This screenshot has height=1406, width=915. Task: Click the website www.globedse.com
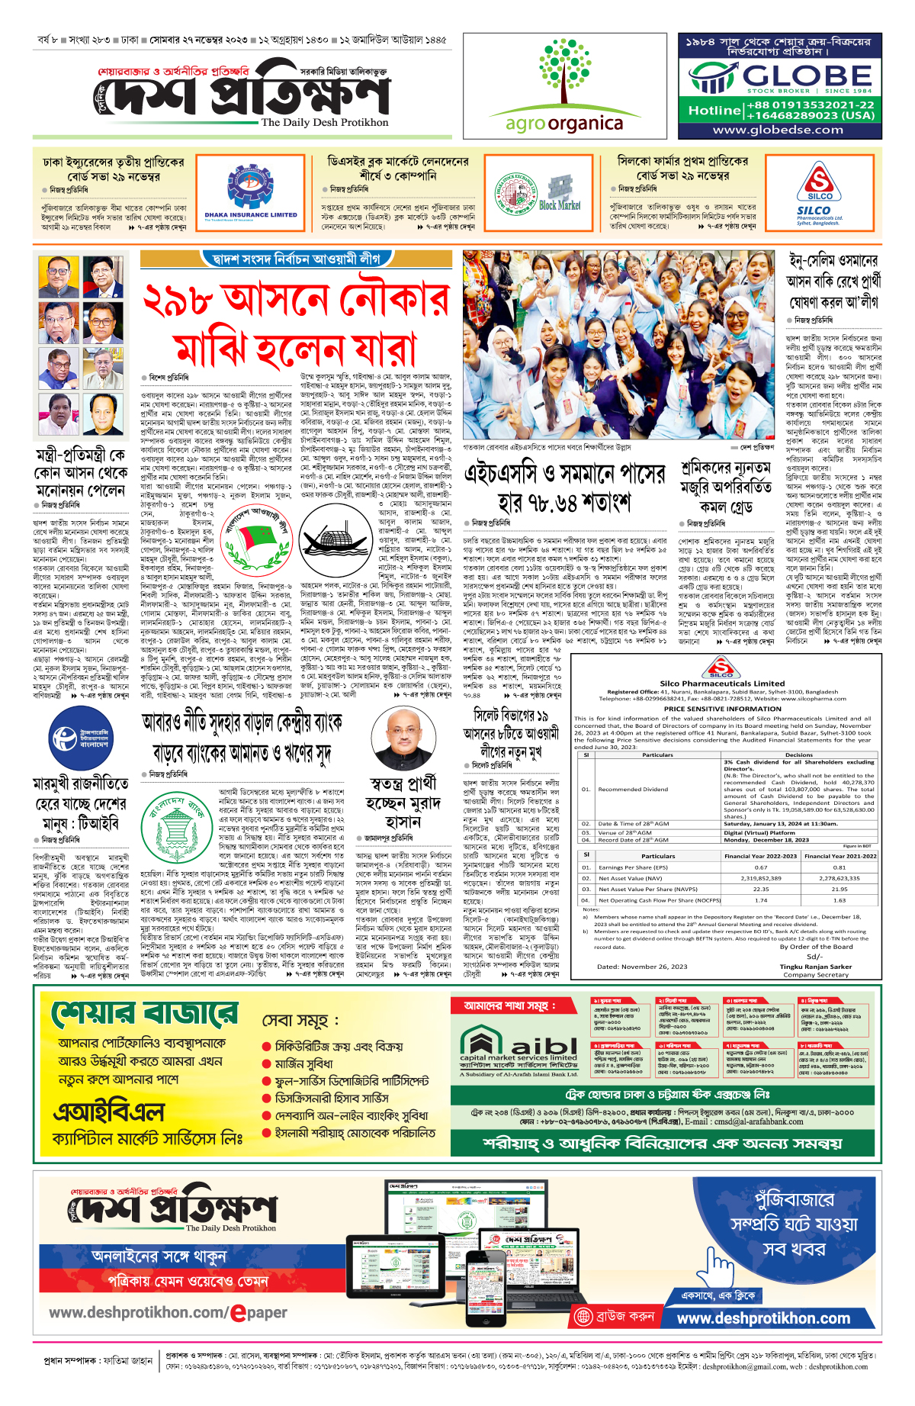[778, 130]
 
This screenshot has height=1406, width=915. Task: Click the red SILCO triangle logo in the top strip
[820, 185]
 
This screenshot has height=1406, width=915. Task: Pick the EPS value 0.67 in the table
[761, 867]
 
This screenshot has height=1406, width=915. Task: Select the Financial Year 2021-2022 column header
[840, 856]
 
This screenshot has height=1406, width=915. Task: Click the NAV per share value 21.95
[840, 889]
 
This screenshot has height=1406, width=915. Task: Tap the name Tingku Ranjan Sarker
[815, 967]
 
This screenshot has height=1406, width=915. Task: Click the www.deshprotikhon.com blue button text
[763, 1318]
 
